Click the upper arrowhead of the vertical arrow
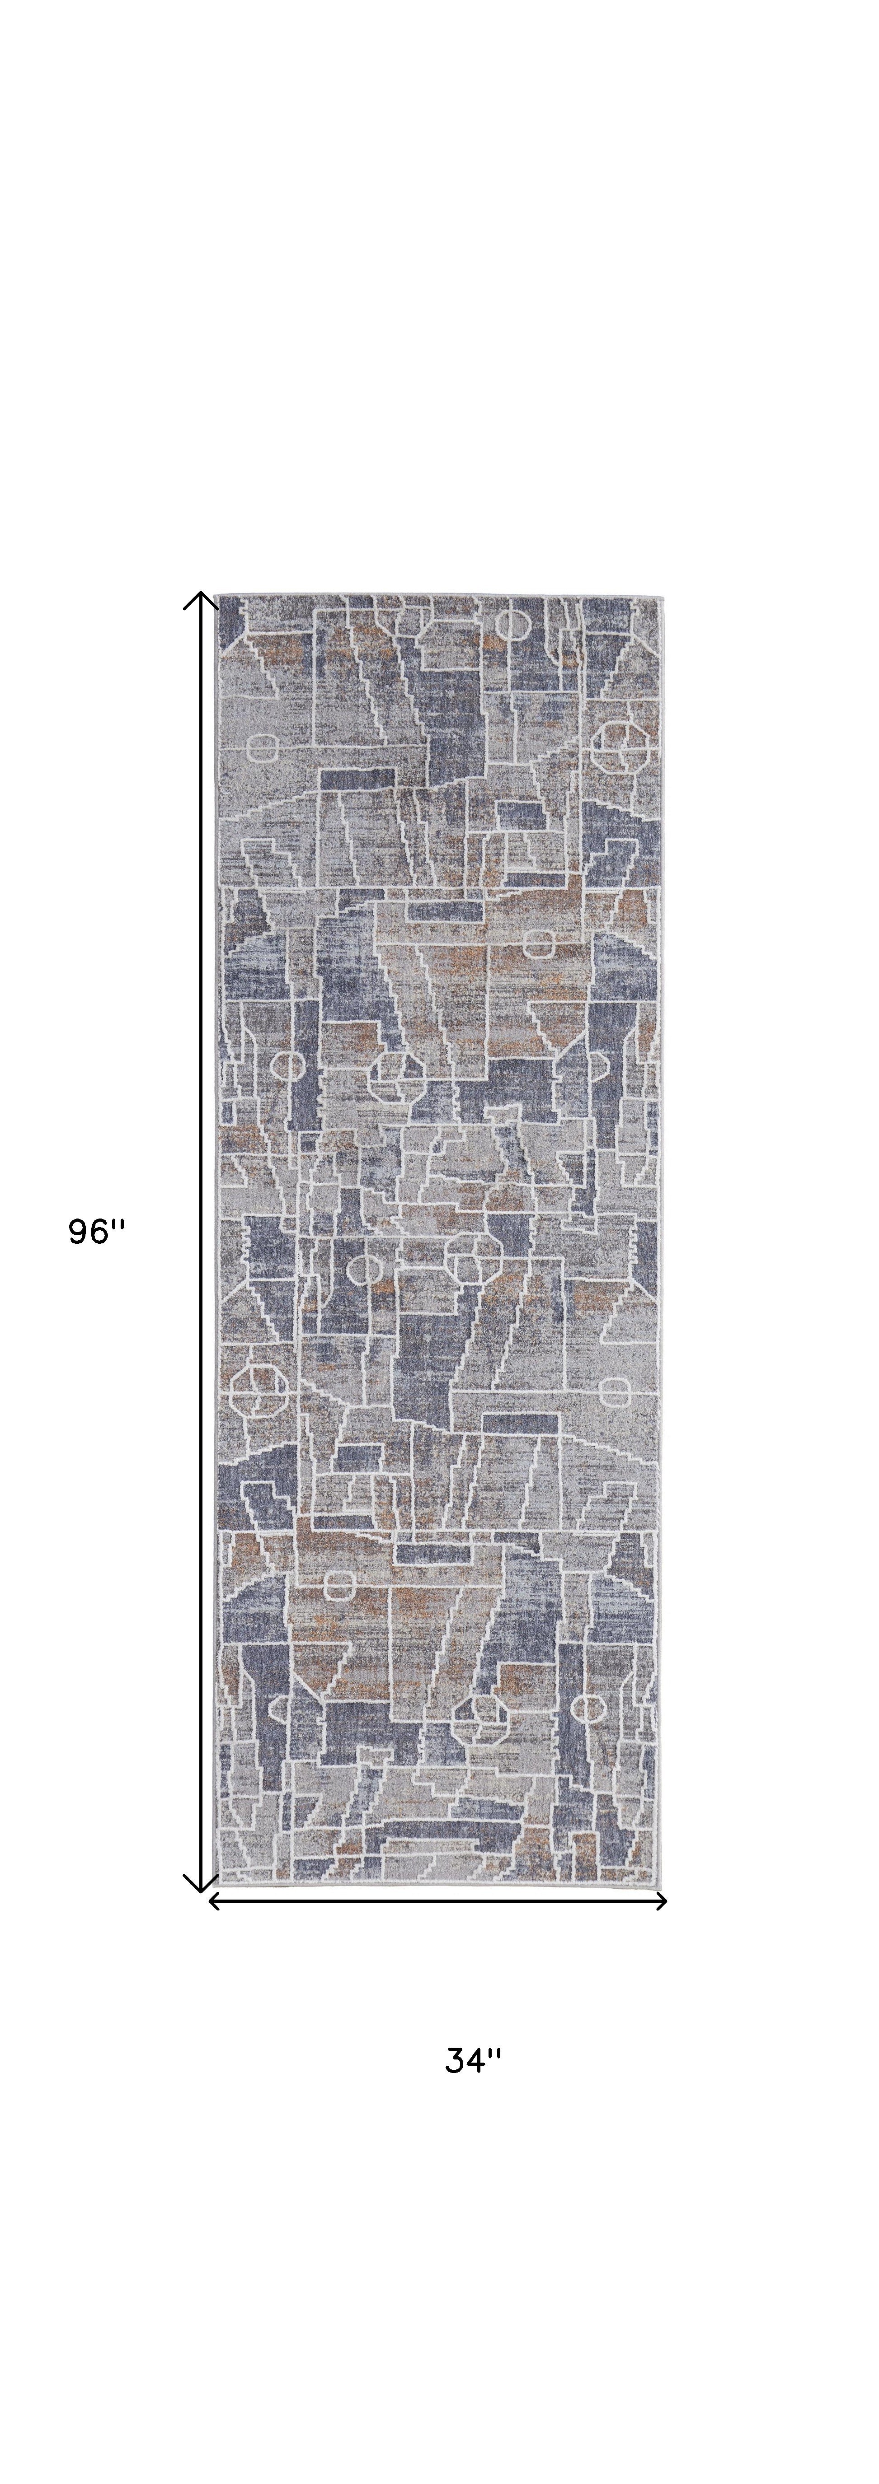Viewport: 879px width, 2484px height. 200,598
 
